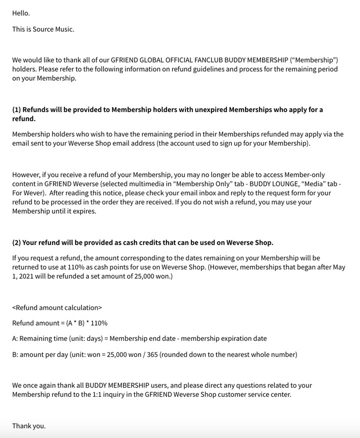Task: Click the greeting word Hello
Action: coord(21,13)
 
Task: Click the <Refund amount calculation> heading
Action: coord(57,307)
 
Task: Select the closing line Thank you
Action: coord(29,426)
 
